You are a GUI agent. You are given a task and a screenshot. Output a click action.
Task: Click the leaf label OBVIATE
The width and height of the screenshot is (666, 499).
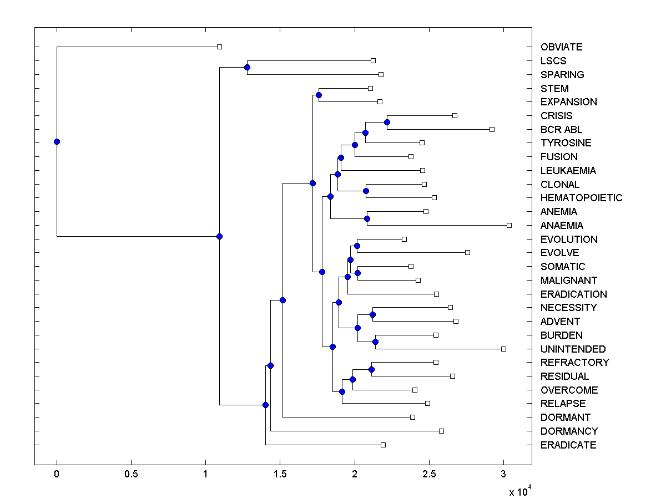(x=561, y=47)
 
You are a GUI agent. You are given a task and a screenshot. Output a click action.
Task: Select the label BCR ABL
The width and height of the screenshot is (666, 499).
(x=561, y=129)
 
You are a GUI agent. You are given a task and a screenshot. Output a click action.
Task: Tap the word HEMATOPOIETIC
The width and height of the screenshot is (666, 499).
(x=581, y=198)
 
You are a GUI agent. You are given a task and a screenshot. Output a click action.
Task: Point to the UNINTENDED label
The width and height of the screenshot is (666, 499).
(x=573, y=349)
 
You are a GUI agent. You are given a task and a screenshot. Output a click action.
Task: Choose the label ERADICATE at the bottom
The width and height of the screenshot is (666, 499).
(x=568, y=445)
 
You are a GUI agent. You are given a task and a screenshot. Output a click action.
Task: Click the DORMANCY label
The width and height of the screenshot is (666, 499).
(x=569, y=431)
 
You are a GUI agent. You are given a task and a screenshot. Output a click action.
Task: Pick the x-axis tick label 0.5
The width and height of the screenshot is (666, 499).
(x=131, y=474)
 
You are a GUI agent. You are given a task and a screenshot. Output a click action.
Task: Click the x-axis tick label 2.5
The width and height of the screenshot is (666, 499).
(x=429, y=474)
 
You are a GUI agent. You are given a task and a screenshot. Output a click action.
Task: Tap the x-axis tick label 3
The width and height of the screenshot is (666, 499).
(x=503, y=474)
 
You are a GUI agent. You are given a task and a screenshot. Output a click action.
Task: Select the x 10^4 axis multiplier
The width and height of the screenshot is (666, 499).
(x=520, y=491)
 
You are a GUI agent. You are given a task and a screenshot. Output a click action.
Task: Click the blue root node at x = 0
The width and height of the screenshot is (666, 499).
(x=57, y=141)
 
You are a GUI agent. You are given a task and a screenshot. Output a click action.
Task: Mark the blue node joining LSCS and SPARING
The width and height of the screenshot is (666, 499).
(x=247, y=68)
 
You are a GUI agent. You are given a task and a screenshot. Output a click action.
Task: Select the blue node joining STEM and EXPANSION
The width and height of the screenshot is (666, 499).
(x=319, y=95)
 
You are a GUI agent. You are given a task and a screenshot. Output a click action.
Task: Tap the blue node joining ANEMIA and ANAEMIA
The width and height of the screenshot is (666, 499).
(x=367, y=218)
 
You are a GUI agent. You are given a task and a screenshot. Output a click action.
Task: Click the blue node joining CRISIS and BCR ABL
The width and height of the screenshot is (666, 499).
(x=387, y=122)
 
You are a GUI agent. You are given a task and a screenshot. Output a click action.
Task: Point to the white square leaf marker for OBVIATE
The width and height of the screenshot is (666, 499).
(x=219, y=47)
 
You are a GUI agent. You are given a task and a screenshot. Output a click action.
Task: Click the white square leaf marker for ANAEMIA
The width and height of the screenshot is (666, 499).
(x=509, y=225)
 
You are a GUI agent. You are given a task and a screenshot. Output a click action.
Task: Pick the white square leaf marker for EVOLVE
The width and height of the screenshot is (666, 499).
(x=467, y=252)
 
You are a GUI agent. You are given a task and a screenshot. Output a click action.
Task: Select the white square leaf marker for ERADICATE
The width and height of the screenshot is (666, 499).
(x=383, y=445)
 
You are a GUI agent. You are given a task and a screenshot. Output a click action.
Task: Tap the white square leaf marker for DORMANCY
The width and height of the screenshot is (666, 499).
(x=441, y=431)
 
